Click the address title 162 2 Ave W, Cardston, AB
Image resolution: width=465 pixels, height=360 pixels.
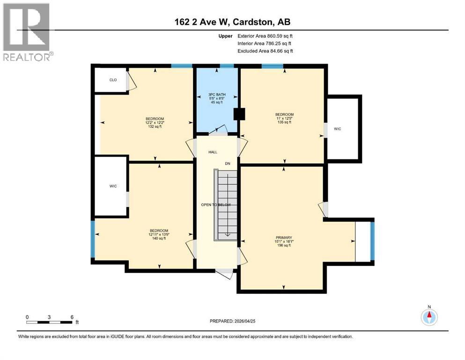tap(232, 22)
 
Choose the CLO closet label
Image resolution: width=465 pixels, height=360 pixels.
tap(113, 80)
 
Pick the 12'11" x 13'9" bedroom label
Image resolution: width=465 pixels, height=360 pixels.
tap(159, 234)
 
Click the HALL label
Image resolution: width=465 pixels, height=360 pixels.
tap(213, 152)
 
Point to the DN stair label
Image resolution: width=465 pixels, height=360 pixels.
tap(227, 164)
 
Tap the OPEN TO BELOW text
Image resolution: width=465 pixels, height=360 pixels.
tap(219, 205)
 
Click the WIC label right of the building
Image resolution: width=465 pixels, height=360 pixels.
tap(337, 128)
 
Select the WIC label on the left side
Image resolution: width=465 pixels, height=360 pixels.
tap(113, 187)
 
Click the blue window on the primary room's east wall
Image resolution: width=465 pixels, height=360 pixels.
tap(372, 241)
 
